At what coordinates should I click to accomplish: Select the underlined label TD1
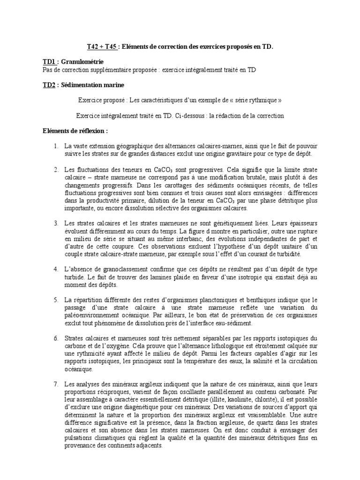click(49, 62)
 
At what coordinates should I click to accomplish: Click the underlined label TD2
click(49, 85)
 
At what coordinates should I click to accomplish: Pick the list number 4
click(56, 270)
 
